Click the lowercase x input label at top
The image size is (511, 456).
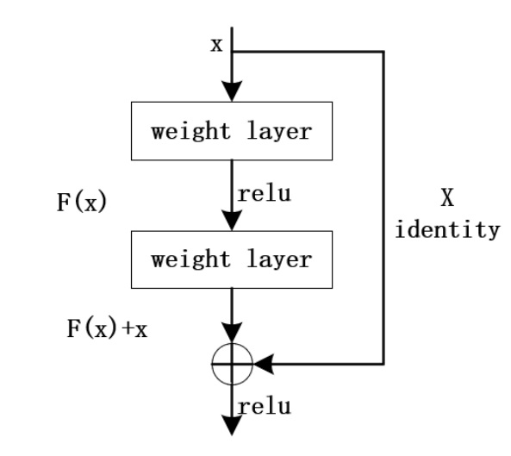point(216,45)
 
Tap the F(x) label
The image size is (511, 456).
point(82,202)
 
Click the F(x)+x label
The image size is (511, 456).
point(107,328)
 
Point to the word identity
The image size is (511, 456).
point(447,229)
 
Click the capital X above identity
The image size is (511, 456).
point(447,197)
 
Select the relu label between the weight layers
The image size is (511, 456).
point(265,194)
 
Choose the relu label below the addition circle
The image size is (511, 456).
point(265,407)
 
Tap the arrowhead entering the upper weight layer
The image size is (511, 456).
point(232,91)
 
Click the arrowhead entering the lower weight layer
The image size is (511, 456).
point(232,221)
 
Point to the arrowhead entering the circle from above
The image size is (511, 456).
point(232,333)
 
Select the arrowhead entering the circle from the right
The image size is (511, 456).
point(264,364)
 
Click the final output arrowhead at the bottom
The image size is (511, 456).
point(232,425)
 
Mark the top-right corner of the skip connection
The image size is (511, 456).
point(383,52)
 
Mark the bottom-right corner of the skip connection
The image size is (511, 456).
point(383,364)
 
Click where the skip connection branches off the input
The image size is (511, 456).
point(232,52)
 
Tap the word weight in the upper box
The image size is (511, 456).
point(191,131)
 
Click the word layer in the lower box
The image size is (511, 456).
point(279,260)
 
